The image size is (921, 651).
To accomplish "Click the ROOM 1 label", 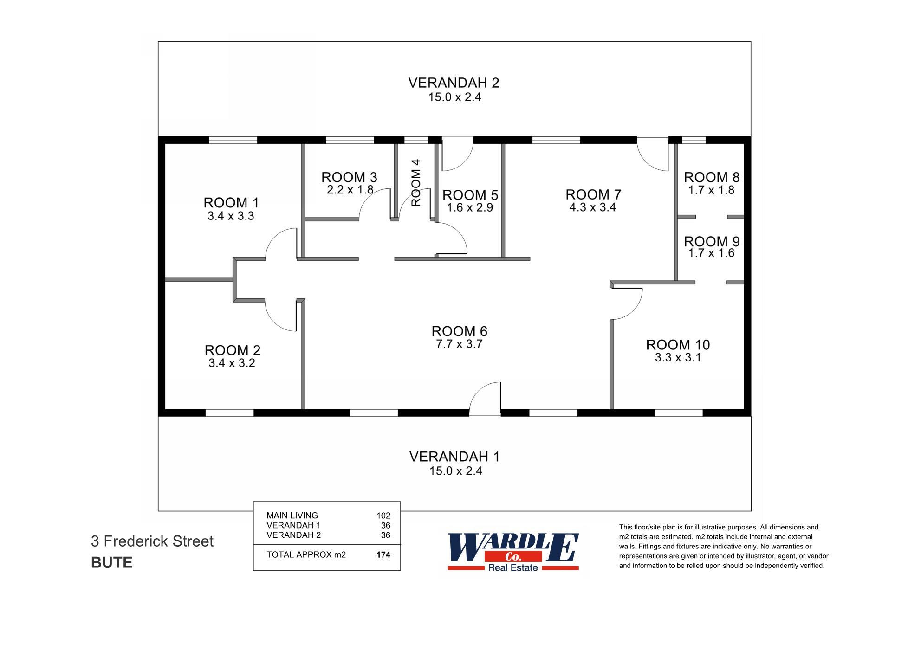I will (x=231, y=203).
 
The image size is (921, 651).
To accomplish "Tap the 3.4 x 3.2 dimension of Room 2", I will (x=232, y=363).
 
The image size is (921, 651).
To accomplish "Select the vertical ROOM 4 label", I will (x=416, y=182).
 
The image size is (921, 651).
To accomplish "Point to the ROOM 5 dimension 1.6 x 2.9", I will (x=470, y=208).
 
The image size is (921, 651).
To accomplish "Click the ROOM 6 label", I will (x=459, y=331).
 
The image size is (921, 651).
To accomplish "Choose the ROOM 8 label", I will (x=711, y=177).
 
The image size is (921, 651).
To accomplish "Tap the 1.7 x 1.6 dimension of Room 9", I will (x=711, y=253).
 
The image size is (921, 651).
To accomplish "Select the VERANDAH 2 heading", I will (x=454, y=83).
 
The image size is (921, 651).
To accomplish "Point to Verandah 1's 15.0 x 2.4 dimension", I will (x=455, y=471).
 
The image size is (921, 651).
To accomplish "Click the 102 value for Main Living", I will (x=383, y=516).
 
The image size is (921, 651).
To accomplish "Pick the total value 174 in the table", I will (x=383, y=555).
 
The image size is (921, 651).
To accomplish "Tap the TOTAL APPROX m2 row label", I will (x=306, y=555).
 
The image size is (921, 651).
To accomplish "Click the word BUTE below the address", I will (x=112, y=563).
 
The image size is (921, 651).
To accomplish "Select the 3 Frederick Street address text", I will (x=152, y=541).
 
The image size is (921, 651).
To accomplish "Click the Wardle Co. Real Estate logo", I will (x=513, y=552).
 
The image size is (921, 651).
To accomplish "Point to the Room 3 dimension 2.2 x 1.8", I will (x=350, y=190).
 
